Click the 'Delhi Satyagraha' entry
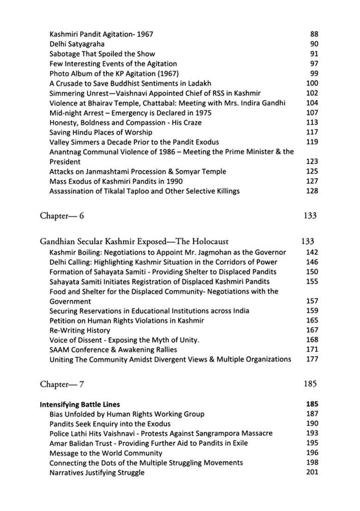77,44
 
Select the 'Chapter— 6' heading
62,215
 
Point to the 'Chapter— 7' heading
62,383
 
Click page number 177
312,359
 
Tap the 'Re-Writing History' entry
79,330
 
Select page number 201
312,472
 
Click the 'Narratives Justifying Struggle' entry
97,472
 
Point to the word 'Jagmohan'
226,252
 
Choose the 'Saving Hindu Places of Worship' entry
101,132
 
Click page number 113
312,122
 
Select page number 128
312,190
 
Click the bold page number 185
312,404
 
